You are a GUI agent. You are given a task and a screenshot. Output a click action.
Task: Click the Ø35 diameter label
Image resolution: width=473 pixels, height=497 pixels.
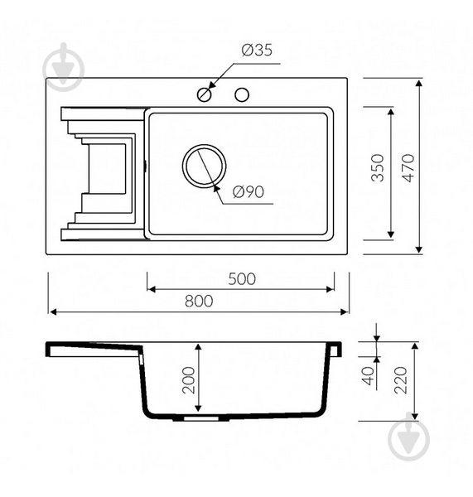click(x=257, y=51)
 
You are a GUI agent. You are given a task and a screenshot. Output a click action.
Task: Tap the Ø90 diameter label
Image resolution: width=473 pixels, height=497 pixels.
click(x=249, y=192)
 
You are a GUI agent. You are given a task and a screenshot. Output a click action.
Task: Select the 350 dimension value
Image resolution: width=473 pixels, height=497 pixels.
click(x=378, y=167)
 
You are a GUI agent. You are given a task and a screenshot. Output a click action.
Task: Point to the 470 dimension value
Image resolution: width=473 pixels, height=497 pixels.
click(x=409, y=167)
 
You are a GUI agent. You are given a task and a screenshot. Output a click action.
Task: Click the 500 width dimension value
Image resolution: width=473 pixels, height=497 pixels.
click(x=242, y=279)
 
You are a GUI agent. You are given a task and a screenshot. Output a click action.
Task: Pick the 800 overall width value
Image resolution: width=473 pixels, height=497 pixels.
click(x=199, y=302)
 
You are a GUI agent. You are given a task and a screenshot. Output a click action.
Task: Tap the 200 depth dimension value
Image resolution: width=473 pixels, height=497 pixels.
click(x=189, y=380)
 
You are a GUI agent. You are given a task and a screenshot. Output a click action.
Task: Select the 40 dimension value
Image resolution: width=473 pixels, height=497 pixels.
click(x=369, y=376)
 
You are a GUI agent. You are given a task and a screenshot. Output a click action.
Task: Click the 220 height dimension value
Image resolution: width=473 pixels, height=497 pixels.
click(x=400, y=380)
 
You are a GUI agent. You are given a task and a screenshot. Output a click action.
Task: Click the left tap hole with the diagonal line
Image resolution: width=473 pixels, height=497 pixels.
click(x=204, y=94)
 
